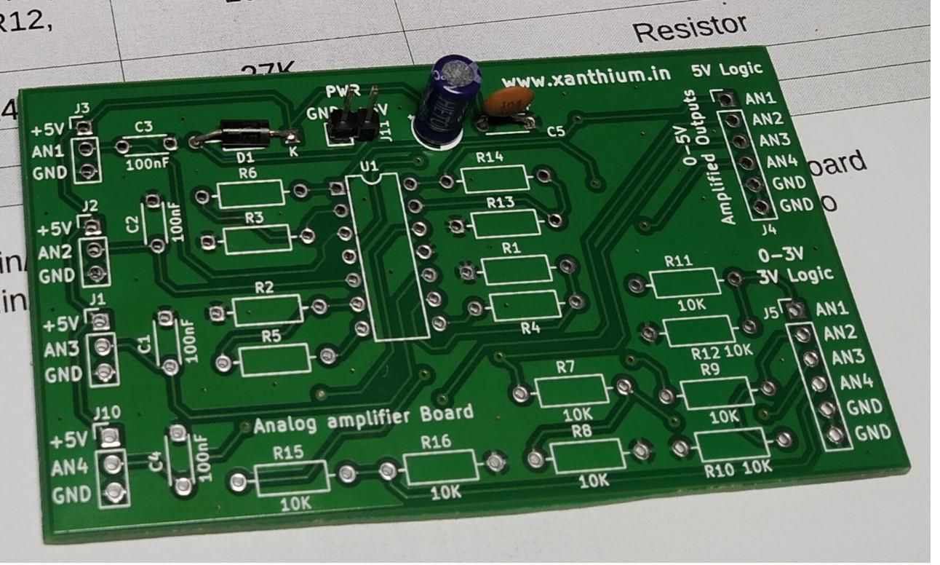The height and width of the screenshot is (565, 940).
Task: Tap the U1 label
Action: tap(370, 167)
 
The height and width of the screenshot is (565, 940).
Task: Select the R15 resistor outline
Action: tap(291, 478)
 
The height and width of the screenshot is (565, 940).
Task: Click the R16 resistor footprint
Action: tap(441, 467)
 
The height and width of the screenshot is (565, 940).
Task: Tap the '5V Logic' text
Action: tap(728, 69)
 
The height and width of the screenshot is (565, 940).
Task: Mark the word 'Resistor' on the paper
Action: tap(689, 28)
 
